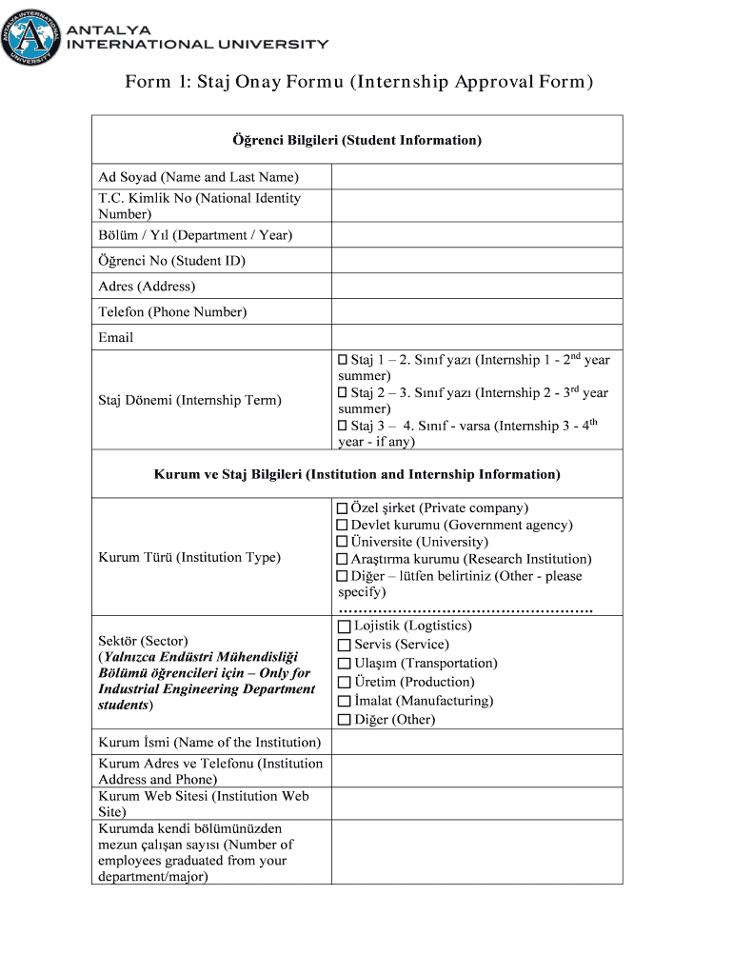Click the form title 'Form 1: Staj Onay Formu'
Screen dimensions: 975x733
point(359,83)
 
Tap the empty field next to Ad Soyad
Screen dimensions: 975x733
point(476,177)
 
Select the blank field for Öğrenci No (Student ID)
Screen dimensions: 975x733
point(476,261)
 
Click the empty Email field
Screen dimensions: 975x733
point(476,337)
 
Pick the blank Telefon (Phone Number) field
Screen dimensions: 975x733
point(476,311)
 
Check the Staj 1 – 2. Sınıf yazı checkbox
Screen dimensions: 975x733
point(344,360)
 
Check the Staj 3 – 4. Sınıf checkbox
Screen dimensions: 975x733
point(344,426)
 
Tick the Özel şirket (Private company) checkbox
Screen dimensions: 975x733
point(343,508)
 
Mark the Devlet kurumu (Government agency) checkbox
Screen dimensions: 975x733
point(343,526)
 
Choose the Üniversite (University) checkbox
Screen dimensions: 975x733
point(343,542)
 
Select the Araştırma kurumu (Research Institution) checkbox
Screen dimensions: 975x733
point(343,559)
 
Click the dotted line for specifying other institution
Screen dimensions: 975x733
point(466,609)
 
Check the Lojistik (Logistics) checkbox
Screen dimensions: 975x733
point(345,627)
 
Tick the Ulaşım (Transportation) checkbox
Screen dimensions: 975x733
point(345,664)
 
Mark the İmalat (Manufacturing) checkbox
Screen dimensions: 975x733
point(345,701)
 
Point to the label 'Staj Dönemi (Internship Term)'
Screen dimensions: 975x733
point(189,400)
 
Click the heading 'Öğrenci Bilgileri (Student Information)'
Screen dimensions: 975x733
point(357,140)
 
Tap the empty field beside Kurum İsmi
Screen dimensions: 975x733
point(476,742)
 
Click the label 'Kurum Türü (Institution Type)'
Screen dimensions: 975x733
point(189,557)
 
